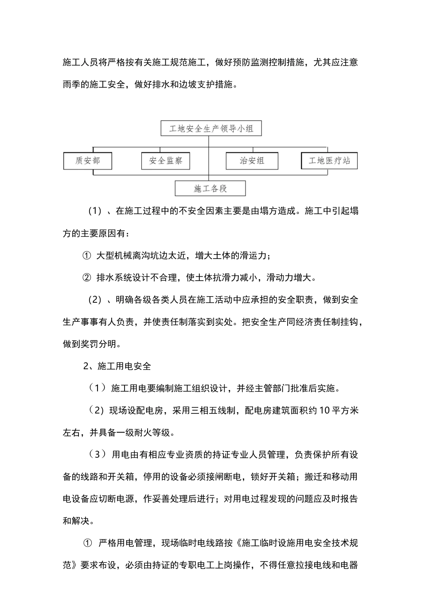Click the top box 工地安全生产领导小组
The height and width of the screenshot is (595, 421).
click(x=211, y=129)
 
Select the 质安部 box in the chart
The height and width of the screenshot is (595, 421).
click(x=87, y=161)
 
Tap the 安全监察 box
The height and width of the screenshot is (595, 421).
click(x=166, y=161)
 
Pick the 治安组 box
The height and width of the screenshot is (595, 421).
click(x=252, y=161)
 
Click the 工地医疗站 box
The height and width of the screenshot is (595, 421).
click(x=329, y=161)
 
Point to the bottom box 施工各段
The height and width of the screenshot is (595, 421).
click(x=210, y=189)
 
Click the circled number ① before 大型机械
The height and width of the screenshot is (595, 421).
click(x=87, y=256)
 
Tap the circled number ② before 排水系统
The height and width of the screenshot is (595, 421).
click(x=87, y=278)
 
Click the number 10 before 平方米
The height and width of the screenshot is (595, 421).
click(x=324, y=410)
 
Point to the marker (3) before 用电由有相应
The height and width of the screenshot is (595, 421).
click(x=97, y=455)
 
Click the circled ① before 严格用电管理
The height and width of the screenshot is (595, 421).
click(x=87, y=543)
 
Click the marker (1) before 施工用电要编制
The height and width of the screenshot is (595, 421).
click(x=97, y=388)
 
